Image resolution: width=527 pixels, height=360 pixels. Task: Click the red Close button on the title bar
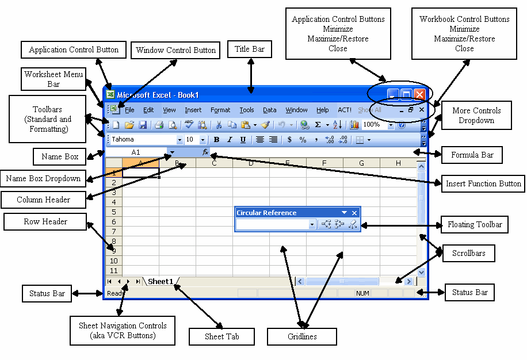pos(419,94)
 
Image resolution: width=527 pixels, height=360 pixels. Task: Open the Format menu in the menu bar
pos(220,110)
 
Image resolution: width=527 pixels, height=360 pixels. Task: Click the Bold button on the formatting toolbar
pos(217,139)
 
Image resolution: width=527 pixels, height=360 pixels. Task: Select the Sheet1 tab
pos(161,281)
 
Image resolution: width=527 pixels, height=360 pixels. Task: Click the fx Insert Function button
pos(205,152)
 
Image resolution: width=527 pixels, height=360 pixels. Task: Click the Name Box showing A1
pos(136,152)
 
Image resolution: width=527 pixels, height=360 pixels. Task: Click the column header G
pos(361,163)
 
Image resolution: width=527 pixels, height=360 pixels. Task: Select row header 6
pos(113,221)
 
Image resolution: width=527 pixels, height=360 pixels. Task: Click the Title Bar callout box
pos(250,49)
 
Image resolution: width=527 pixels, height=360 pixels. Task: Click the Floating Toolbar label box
pos(475,225)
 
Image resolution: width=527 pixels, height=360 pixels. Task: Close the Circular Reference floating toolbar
pos(355,213)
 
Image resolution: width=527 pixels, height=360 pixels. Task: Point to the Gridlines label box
pos(302,336)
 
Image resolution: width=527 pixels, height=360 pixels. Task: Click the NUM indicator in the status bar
pos(362,293)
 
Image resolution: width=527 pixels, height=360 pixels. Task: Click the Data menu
pos(270,110)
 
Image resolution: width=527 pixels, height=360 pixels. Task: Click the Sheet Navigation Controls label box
pos(123,330)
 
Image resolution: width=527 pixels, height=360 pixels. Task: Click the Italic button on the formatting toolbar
pos(230,139)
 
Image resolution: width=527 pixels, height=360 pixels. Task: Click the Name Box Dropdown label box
pos(43,178)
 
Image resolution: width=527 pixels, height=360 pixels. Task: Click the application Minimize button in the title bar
pos(393,94)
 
